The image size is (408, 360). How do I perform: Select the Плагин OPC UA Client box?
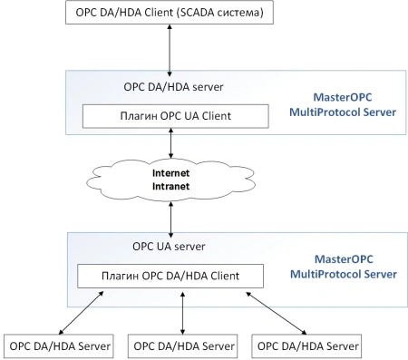[176, 116]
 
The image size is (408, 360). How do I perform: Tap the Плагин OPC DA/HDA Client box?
[170, 275]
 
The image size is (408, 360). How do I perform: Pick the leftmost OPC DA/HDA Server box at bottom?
[60, 345]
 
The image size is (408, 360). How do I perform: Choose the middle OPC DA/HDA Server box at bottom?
[184, 345]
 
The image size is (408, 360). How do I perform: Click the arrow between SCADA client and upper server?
[170, 49]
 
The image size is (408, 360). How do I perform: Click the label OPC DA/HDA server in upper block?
[173, 87]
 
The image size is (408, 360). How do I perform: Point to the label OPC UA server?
[170, 246]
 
